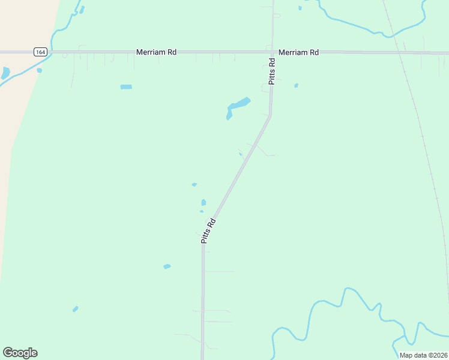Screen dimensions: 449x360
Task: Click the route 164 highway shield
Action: (x=40, y=52)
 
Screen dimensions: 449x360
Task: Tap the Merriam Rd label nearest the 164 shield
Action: (x=156, y=52)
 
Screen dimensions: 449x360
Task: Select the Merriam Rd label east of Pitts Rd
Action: (x=298, y=52)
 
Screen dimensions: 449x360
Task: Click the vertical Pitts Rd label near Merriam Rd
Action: (x=272, y=71)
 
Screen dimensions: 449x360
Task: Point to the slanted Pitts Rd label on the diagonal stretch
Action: (x=208, y=231)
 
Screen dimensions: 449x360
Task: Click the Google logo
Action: (x=20, y=353)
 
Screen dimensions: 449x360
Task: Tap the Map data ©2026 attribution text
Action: (x=423, y=355)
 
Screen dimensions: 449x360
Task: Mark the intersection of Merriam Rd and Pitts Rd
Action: (x=272, y=52)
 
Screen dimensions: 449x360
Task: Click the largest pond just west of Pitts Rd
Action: (x=237, y=105)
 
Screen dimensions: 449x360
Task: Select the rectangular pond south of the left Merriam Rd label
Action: (x=126, y=87)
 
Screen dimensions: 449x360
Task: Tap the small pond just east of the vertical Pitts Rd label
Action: (x=296, y=86)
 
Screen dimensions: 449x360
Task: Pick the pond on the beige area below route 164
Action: (x=5, y=73)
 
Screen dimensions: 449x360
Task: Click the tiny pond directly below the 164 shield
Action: (x=39, y=70)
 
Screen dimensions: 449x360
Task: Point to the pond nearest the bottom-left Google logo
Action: (x=75, y=309)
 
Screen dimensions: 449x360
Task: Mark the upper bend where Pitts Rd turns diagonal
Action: (x=270, y=115)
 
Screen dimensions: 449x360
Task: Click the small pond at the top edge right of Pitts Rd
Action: (x=300, y=8)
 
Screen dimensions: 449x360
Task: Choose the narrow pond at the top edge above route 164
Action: (x=82, y=9)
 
